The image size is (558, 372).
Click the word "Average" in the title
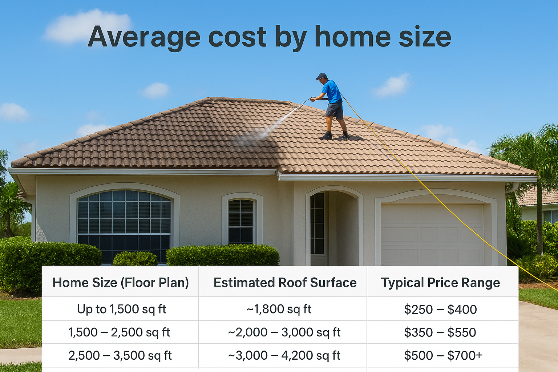pos(144,37)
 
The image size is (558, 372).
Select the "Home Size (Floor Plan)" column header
pos(121,283)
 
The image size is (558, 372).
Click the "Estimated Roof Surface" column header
pos(285,283)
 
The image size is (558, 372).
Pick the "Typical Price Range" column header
pos(440,283)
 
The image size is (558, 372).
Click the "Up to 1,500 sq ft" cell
pos(121,309)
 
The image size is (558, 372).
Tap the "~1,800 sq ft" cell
pos(279,309)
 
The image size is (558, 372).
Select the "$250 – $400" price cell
pos(440,310)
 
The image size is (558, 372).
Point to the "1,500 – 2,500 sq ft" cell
pos(119,332)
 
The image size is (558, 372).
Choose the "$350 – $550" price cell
pos(440,332)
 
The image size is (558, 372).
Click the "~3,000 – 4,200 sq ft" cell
pos(284,355)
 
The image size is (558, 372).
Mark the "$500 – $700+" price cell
pos(443,355)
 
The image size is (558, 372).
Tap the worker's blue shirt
pos(331,92)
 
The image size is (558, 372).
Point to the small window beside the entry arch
pos(241,221)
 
